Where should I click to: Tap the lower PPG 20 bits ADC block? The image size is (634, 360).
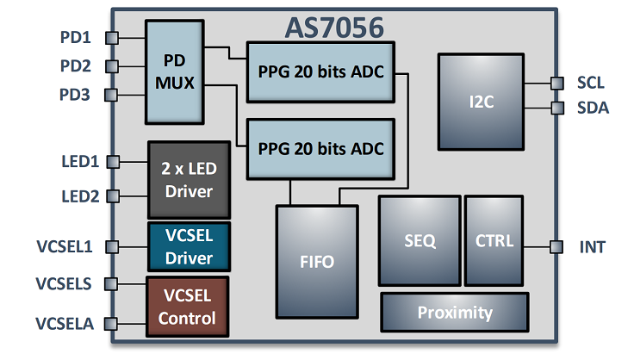[x=320, y=149]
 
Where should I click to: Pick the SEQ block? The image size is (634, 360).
[x=420, y=240]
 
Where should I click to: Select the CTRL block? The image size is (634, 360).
[x=494, y=240]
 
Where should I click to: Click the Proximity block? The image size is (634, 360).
[x=454, y=312]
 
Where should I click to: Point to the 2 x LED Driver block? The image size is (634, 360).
[x=187, y=179]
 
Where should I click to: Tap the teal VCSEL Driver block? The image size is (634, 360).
[x=188, y=246]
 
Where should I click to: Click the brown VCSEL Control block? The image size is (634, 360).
[x=188, y=307]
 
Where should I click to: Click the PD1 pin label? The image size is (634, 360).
[x=76, y=37]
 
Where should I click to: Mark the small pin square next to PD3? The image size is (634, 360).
[x=110, y=94]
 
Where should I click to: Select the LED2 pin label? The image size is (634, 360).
[x=79, y=196]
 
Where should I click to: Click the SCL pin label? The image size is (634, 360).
[x=591, y=84]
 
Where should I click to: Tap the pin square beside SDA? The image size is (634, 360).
[x=556, y=109]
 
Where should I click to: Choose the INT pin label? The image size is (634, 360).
[x=592, y=248]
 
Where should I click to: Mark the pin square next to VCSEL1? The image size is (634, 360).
[x=110, y=245]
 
